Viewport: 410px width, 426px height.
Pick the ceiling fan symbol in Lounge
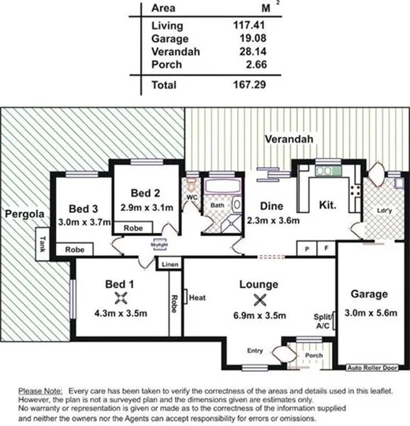[260, 298]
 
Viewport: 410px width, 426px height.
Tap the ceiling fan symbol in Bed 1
[121, 297]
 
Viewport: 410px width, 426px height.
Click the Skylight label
[159, 245]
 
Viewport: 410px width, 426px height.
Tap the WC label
[192, 197]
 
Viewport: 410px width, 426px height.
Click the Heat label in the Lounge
[196, 298]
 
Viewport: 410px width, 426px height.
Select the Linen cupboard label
[170, 265]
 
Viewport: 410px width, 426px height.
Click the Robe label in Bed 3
[75, 249]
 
